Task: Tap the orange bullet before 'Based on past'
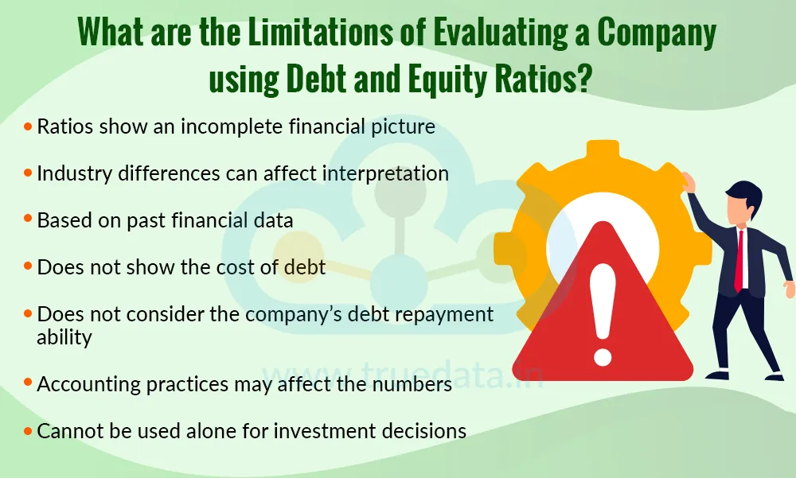click(x=29, y=220)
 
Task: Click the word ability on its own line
click(x=64, y=336)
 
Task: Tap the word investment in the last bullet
click(x=310, y=431)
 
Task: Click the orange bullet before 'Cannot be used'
click(x=29, y=431)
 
